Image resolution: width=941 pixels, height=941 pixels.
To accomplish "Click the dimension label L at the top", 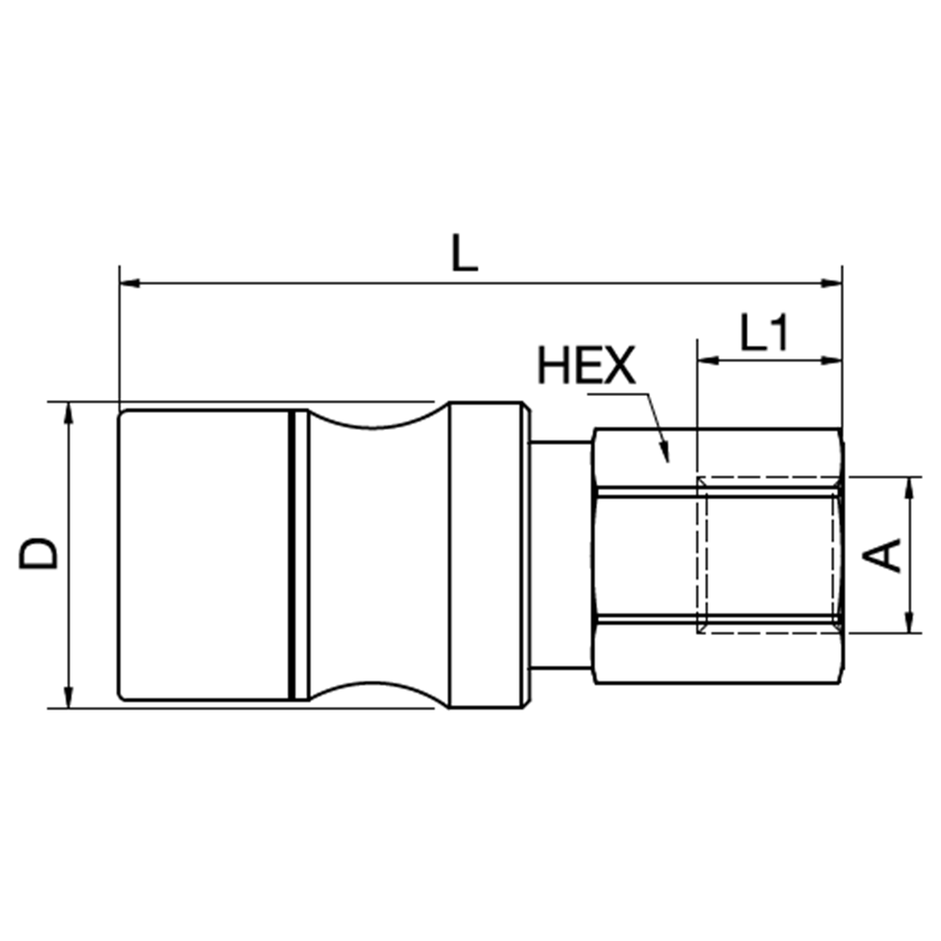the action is pos(465,252).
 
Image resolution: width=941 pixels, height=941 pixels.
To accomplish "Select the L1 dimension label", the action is pos(763,332).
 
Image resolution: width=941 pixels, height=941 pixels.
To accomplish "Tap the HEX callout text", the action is pos(585,365).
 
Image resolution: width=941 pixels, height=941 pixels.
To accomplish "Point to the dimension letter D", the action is pos(39,554).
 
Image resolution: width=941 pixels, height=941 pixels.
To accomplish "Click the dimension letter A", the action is pos(882,555).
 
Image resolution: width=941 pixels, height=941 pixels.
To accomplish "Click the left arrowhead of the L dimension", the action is pos(130,282).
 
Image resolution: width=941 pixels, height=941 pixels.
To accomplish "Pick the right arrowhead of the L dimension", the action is pos(832,282).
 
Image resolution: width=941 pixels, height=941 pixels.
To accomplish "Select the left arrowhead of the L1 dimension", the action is pos(708,360).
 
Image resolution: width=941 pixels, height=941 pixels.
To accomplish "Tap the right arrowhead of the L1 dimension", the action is pos(832,360).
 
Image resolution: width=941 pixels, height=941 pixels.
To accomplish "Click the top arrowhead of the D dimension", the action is pos(69,412).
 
